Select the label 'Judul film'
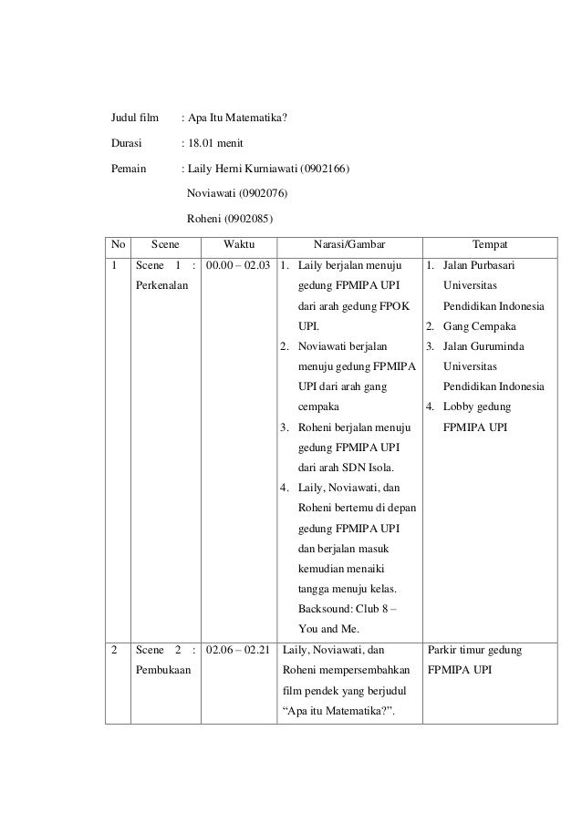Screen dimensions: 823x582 point(134,118)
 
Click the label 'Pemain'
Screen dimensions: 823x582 point(129,169)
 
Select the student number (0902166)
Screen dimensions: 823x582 point(317,169)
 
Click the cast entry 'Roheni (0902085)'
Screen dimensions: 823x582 point(228,219)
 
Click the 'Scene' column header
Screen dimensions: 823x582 point(165,245)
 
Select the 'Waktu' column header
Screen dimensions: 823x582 point(239,245)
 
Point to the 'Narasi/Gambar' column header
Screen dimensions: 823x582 point(348,245)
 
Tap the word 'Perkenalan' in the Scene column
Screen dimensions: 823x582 point(161,286)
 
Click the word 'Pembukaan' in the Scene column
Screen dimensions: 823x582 point(161,671)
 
